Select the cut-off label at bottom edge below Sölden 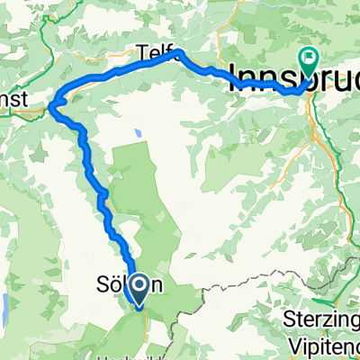(126, 355)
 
